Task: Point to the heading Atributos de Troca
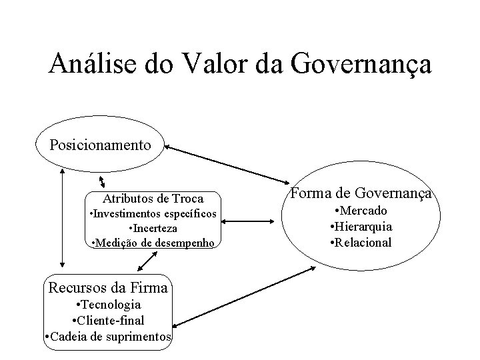153,199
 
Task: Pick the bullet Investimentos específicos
153,214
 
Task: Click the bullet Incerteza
153,229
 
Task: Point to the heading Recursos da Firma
109,289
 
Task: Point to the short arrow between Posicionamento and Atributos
101,182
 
